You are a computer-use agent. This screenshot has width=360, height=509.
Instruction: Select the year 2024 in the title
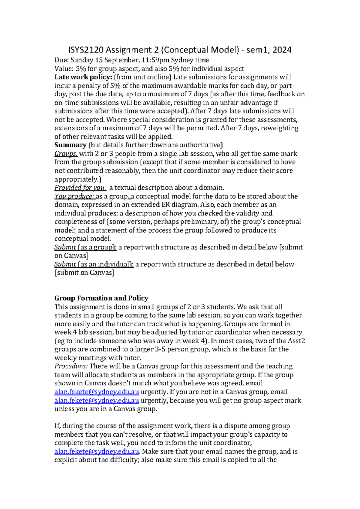coord(282,50)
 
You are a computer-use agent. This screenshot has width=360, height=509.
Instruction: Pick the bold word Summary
coord(70,145)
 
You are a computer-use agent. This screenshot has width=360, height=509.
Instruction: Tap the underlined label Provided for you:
coord(80,188)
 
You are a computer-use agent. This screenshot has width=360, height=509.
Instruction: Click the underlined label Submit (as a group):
coord(85,247)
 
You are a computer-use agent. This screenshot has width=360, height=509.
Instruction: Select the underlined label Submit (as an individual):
coord(94,264)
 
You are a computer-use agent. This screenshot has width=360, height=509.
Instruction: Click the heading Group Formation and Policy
coord(101,298)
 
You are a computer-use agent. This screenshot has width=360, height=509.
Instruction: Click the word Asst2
coord(296,341)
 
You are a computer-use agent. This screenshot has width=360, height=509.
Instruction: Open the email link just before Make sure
coord(97,451)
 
